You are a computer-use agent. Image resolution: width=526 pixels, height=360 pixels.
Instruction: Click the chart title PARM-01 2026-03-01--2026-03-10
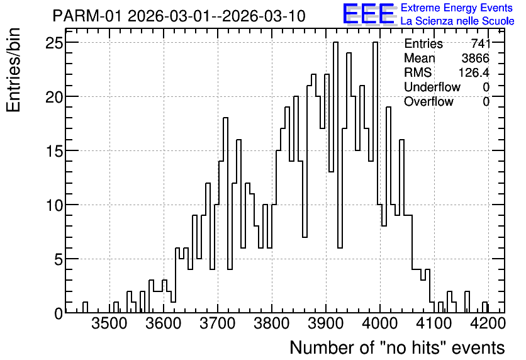(x=179, y=16)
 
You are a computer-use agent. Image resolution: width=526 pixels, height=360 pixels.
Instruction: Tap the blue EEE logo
(x=369, y=14)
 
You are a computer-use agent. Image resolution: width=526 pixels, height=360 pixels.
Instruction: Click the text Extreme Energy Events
(x=457, y=8)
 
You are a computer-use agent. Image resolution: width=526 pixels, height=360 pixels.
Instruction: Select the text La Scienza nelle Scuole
(x=457, y=21)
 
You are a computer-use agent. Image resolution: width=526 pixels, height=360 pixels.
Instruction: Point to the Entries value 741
(x=480, y=43)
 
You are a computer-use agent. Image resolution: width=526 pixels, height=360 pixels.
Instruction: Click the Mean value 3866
(x=475, y=58)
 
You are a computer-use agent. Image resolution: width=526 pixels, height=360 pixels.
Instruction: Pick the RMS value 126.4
(x=474, y=72)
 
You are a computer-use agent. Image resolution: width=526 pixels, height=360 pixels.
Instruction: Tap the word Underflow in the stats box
(x=432, y=87)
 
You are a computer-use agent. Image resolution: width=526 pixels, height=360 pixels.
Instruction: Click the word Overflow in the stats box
(x=428, y=101)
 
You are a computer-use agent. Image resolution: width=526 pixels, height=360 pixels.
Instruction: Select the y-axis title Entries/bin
(x=14, y=70)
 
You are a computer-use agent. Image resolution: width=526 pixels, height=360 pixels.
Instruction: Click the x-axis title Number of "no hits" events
(x=397, y=347)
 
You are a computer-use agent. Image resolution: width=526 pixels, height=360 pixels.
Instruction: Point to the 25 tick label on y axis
(x=54, y=43)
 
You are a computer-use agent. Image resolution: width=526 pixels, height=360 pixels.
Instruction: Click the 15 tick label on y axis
(x=54, y=150)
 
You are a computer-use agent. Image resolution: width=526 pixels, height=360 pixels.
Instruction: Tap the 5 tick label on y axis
(x=59, y=259)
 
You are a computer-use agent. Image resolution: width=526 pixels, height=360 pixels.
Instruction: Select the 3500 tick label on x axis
(x=109, y=323)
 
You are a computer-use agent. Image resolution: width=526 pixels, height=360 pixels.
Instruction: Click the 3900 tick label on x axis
(x=326, y=323)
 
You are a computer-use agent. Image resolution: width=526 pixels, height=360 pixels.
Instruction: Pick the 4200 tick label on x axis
(x=488, y=323)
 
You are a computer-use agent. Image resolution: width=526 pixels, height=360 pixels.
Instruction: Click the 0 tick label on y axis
(x=59, y=313)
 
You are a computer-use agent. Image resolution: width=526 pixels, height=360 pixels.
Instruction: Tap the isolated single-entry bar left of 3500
(x=85, y=307)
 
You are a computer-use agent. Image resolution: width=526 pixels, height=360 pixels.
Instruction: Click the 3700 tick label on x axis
(x=218, y=323)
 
